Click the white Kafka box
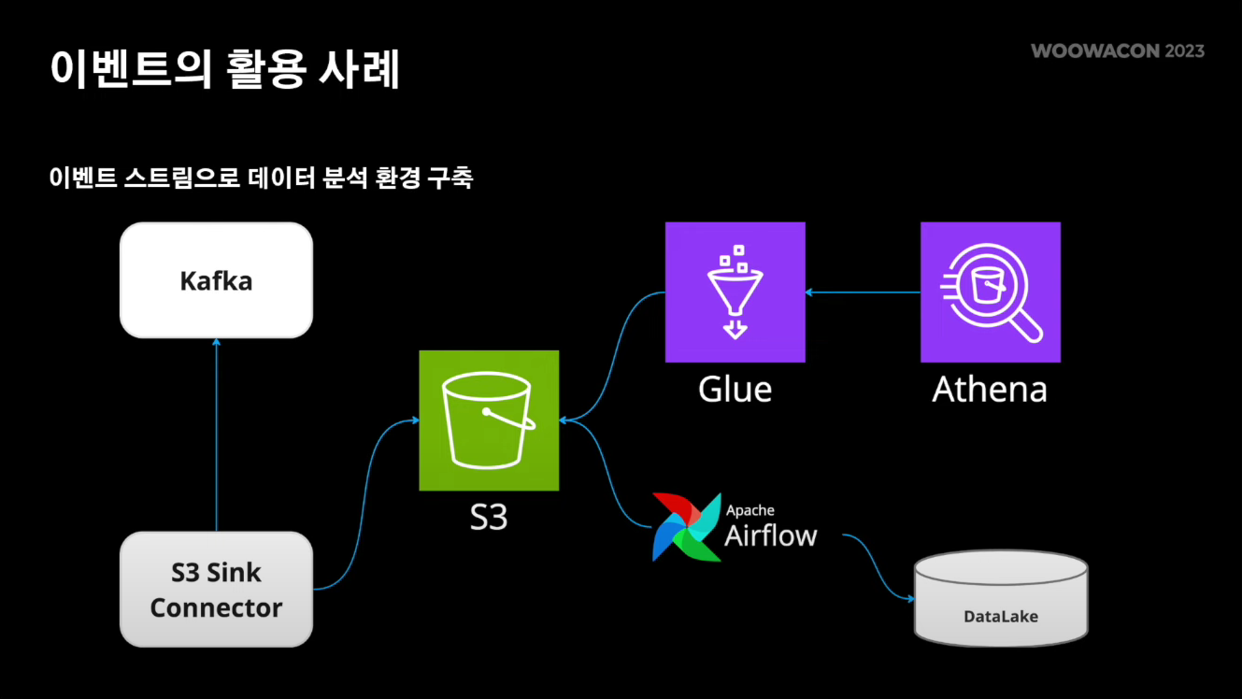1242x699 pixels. point(216,280)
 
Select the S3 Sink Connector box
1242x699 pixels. point(216,589)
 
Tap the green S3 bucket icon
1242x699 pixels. point(489,421)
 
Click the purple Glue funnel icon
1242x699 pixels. point(735,292)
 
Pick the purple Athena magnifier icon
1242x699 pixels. point(990,292)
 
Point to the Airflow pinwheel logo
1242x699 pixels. point(687,526)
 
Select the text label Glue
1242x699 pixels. point(735,389)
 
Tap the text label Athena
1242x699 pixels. point(990,389)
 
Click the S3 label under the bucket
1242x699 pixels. point(488,517)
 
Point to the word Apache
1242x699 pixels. point(749,510)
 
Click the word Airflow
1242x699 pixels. point(771,535)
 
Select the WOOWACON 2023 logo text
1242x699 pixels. point(1118,50)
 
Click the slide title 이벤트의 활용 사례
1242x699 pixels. point(224,69)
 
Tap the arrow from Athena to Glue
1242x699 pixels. point(863,292)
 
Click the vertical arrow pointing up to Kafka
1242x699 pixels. point(216,435)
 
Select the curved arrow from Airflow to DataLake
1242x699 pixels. point(878,565)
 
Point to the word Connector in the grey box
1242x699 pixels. point(216,608)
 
